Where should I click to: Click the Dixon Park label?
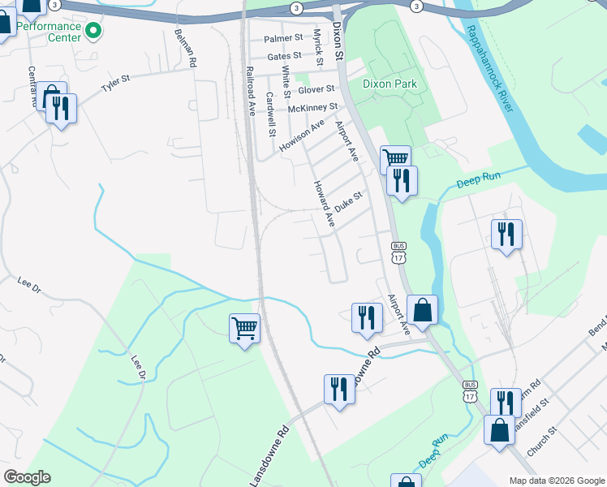point(390,84)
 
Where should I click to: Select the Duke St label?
point(348,200)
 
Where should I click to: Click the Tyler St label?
point(115,83)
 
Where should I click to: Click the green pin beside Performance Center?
point(93,32)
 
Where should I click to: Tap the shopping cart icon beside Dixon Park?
point(395,157)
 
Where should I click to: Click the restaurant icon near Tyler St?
point(61,107)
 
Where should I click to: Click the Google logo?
point(27,477)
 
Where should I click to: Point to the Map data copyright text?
point(555,481)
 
